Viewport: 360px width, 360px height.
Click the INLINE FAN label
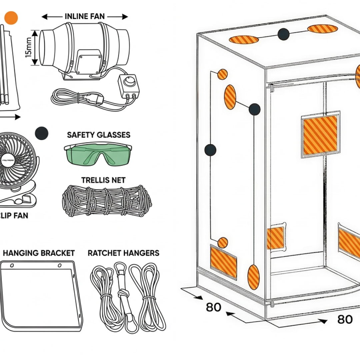84,16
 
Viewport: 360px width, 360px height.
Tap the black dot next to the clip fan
41,133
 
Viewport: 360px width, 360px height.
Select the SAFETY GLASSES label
99,135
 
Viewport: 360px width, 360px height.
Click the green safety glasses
97,154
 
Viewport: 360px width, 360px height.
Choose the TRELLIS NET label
103,180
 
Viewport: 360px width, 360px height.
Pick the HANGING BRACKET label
39,253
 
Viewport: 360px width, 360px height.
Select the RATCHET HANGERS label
123,253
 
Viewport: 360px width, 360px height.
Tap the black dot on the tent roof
283,34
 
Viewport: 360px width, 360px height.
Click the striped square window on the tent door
320,135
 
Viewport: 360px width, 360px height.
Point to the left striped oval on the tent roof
244,40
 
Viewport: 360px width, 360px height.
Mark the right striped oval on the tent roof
323,29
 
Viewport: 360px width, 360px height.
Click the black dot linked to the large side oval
254,109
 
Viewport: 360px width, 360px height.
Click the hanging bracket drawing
42,294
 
